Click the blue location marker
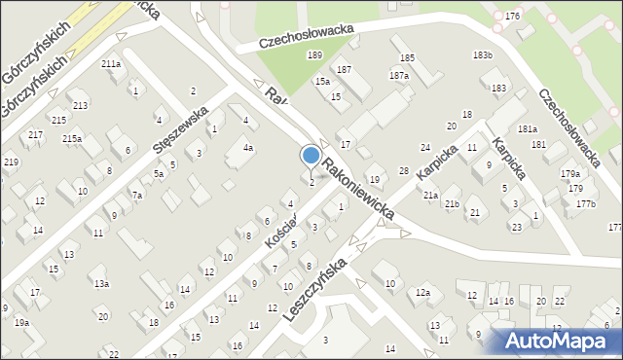click(311, 156)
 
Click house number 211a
click(111, 63)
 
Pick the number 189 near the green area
click(314, 55)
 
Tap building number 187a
click(398, 75)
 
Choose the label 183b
click(482, 54)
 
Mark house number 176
click(513, 17)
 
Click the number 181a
click(528, 129)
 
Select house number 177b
click(585, 203)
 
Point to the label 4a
click(248, 148)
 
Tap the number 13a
click(101, 284)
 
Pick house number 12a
click(422, 292)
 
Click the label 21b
click(452, 204)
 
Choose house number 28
click(404, 171)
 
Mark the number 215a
click(72, 139)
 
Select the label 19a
click(21, 322)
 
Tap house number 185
click(407, 58)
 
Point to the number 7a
click(138, 196)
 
